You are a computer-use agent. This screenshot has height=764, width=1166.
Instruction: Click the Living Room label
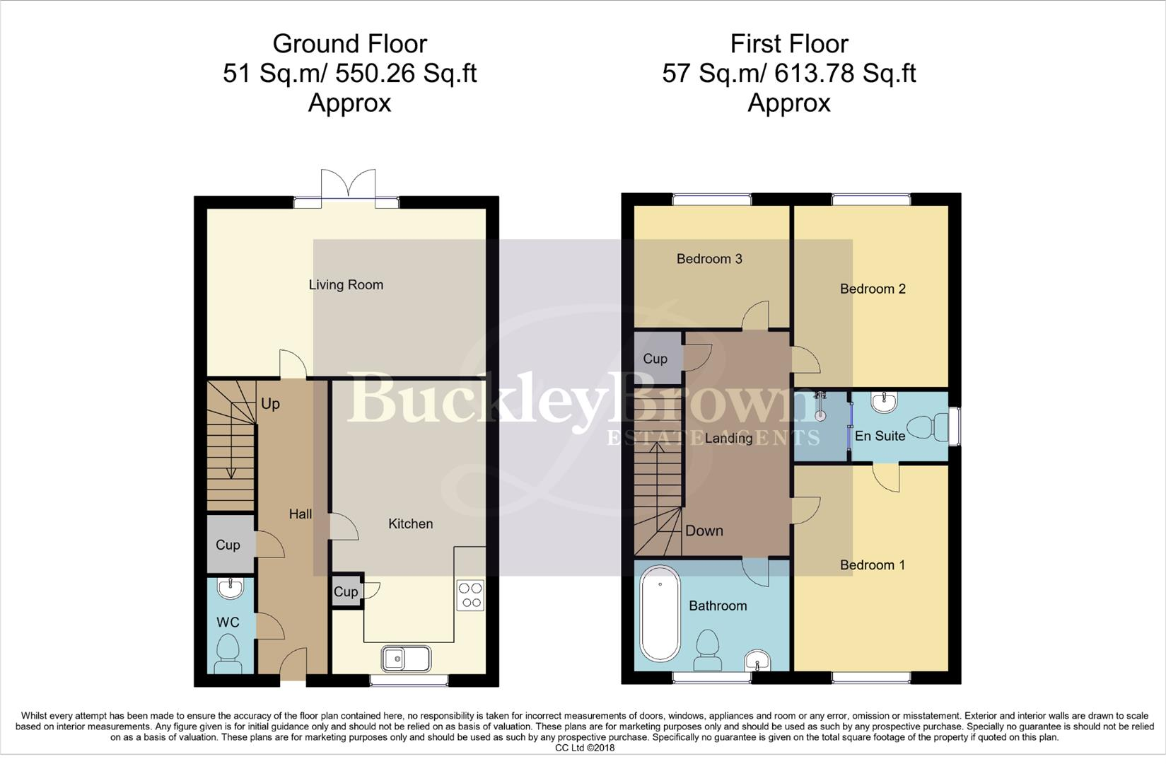coord(346,284)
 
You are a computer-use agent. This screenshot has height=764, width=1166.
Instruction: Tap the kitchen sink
coord(406,659)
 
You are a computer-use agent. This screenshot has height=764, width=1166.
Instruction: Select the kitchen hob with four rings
coord(470,595)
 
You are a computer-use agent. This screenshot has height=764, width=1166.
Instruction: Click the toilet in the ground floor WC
coord(228,652)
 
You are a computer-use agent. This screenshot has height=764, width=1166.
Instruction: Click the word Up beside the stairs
coord(270,403)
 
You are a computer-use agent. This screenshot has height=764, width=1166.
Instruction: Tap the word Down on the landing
coord(704,531)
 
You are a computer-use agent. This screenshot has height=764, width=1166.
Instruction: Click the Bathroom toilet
coord(708,649)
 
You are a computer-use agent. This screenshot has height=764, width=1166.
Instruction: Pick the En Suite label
coord(880,436)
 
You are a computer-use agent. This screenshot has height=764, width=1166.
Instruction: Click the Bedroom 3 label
coord(709,258)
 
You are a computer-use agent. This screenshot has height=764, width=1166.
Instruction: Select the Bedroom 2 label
coord(872,289)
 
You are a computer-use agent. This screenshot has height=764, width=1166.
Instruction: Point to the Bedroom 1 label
coord(872,565)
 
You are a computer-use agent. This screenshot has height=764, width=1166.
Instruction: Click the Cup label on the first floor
coord(655,359)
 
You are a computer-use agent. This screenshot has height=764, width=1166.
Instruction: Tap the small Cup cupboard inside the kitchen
coord(346,591)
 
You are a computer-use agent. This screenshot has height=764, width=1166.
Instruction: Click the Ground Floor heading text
coord(349,44)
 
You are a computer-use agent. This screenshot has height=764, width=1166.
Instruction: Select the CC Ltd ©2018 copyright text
coord(585,748)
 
